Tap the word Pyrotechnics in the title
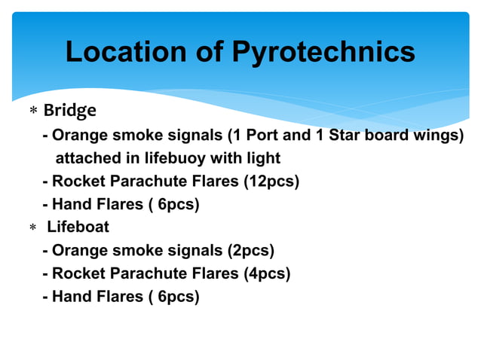pos(323,52)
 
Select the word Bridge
pos(69,111)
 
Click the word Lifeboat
pos(78,227)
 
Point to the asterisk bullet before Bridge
pos(32,112)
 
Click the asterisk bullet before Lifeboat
pos(32,228)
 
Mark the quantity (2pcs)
pos(251,250)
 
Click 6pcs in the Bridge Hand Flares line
pos(177,205)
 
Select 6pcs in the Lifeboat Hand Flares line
pos(177,297)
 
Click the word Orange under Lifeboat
pos(79,250)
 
